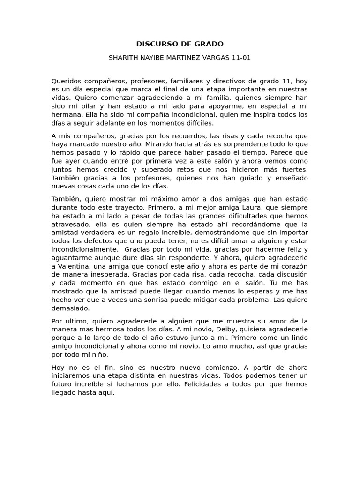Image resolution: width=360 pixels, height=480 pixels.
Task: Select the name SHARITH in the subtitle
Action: (x=123, y=58)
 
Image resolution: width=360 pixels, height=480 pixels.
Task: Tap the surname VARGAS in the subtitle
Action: (x=215, y=58)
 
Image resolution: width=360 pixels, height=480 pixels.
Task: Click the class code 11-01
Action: (x=241, y=58)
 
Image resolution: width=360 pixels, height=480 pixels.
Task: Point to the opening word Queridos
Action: (x=66, y=81)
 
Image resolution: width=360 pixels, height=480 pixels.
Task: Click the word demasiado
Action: (x=70, y=308)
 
